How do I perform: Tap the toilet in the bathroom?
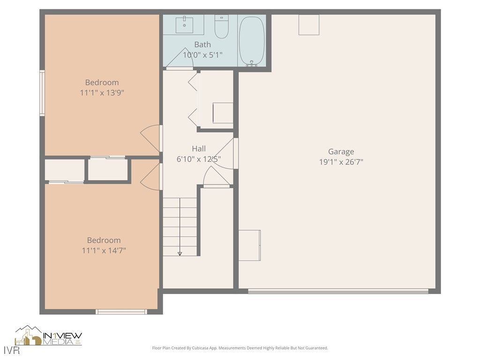[x=221, y=27]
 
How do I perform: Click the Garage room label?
[x=341, y=151]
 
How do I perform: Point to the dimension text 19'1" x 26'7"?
[x=341, y=162]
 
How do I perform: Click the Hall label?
[x=199, y=149]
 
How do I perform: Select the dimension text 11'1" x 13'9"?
[x=102, y=93]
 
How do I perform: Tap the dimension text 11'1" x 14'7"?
[x=104, y=251]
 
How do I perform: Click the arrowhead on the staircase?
[x=180, y=254]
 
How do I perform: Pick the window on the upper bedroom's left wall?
[x=42, y=93]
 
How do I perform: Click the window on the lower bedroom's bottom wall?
[x=121, y=312]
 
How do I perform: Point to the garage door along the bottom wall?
[x=338, y=292]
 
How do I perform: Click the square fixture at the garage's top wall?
[x=309, y=25]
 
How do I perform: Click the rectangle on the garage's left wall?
[x=249, y=245]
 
